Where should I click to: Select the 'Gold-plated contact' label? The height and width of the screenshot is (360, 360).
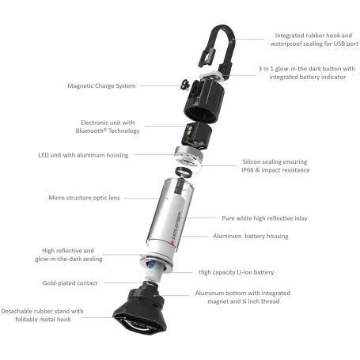70,282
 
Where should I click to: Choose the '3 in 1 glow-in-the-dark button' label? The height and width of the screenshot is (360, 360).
300,70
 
